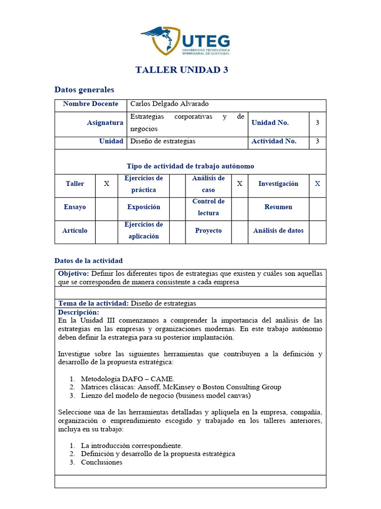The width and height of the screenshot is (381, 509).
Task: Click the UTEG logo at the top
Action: pos(185,41)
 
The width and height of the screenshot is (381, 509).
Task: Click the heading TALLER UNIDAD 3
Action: pos(182,70)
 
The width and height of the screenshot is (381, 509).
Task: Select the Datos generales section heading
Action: pos(84,90)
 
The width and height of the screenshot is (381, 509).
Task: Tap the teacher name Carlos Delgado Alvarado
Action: pos(170,104)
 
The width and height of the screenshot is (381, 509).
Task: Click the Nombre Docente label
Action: pos(91,104)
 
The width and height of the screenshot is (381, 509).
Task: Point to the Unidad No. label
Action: pos(270,123)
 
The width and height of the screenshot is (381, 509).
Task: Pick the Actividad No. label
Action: pos(274,141)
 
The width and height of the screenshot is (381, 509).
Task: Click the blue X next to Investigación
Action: pos(317,184)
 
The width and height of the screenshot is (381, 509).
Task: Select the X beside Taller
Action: pos(106,184)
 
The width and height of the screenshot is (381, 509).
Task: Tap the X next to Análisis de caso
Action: pos(240,184)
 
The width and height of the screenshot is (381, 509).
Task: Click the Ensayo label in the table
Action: pos(75,207)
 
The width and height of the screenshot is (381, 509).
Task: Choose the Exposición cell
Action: pos(144,207)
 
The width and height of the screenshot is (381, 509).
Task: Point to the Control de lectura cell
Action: pos(208,207)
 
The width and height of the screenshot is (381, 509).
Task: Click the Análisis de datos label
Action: pos(278,231)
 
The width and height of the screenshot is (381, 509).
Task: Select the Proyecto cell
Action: pos(208,231)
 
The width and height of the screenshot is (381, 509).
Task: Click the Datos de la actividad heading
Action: pos(88,261)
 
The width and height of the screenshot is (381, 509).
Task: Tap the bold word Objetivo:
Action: pos(73,274)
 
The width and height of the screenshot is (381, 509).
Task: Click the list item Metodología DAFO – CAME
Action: pos(127,379)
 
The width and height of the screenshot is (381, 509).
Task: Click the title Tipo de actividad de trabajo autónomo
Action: pos(190,167)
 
